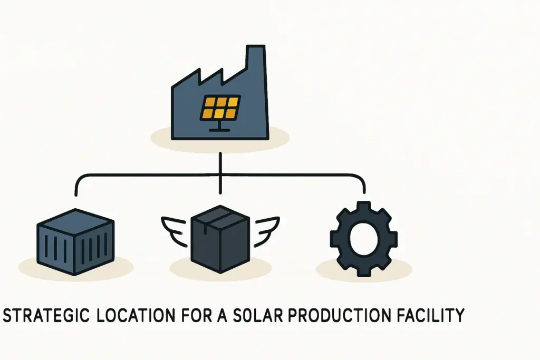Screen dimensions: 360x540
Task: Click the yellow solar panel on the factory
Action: (x=220, y=107)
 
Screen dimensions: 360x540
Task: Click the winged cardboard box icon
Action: (x=219, y=237)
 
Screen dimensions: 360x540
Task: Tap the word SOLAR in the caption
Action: (x=247, y=315)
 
